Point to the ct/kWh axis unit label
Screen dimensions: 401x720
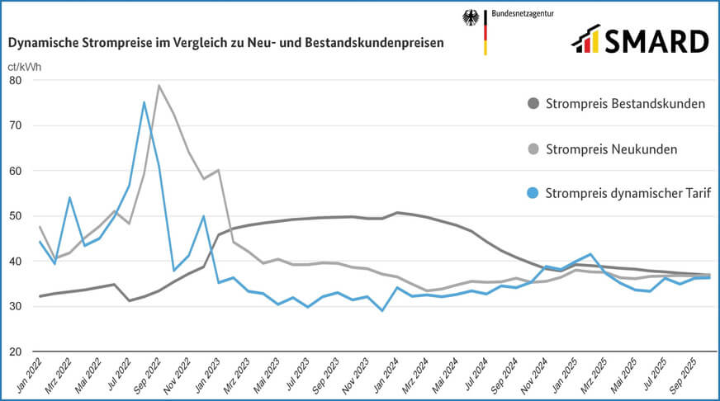pyautogui.click(x=24, y=65)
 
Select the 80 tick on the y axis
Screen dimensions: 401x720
pyautogui.click(x=16, y=81)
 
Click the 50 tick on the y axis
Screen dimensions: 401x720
pyautogui.click(x=16, y=216)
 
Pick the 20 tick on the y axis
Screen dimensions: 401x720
pyautogui.click(x=16, y=352)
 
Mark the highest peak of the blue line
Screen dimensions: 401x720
pyautogui.click(x=144, y=102)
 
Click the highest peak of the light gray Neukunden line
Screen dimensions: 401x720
pyautogui.click(x=159, y=86)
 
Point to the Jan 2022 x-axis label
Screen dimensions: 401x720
pyautogui.click(x=31, y=376)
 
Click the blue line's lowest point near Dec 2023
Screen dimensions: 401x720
pyautogui.click(x=382, y=310)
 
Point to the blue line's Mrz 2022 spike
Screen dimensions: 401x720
pyautogui.click(x=69, y=198)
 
